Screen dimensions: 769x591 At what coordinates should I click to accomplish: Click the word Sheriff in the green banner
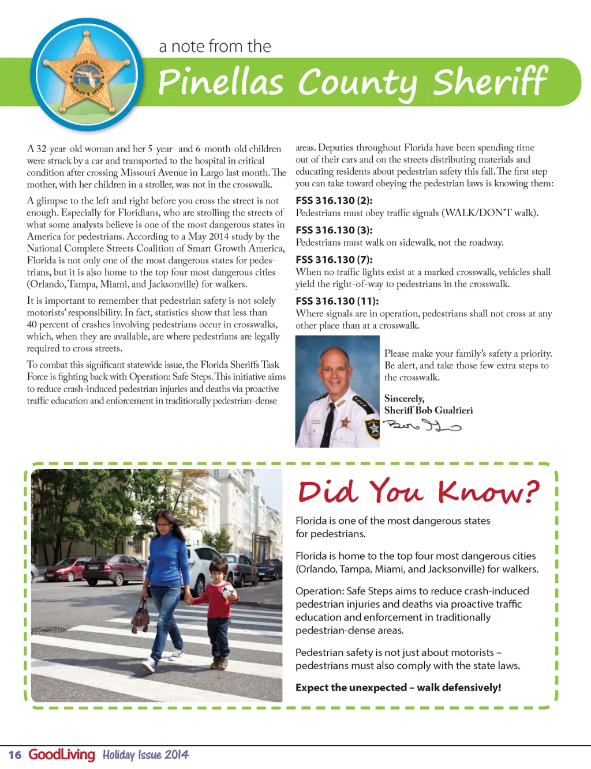click(x=489, y=82)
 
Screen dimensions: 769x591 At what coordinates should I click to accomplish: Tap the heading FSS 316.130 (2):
click(x=334, y=201)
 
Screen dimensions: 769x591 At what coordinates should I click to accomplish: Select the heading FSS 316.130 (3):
click(x=334, y=230)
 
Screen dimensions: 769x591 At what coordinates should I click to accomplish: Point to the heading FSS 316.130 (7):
click(x=334, y=259)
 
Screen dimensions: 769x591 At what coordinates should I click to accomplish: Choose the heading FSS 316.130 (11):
click(x=337, y=301)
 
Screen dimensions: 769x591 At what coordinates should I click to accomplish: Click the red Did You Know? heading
click(x=418, y=492)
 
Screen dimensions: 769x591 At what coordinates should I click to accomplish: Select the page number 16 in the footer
click(x=15, y=755)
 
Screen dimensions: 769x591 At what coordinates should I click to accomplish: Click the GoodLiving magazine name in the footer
click(x=62, y=754)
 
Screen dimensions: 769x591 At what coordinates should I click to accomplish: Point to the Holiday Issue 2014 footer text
click(x=145, y=755)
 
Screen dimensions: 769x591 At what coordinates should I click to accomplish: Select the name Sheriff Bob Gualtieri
click(x=428, y=410)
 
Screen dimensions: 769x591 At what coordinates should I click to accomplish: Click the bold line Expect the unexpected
click(x=398, y=688)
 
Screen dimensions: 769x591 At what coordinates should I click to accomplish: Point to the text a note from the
click(x=215, y=46)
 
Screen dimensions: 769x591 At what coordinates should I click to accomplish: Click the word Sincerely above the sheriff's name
click(x=404, y=398)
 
